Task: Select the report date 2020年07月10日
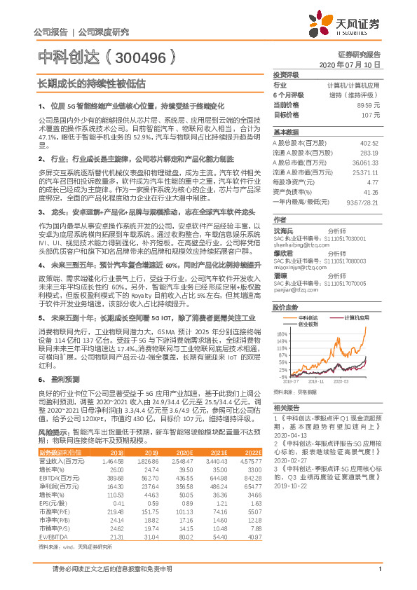(355, 64)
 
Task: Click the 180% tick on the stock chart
(282, 334)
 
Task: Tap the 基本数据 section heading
(286, 132)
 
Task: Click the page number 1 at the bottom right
(378, 577)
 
